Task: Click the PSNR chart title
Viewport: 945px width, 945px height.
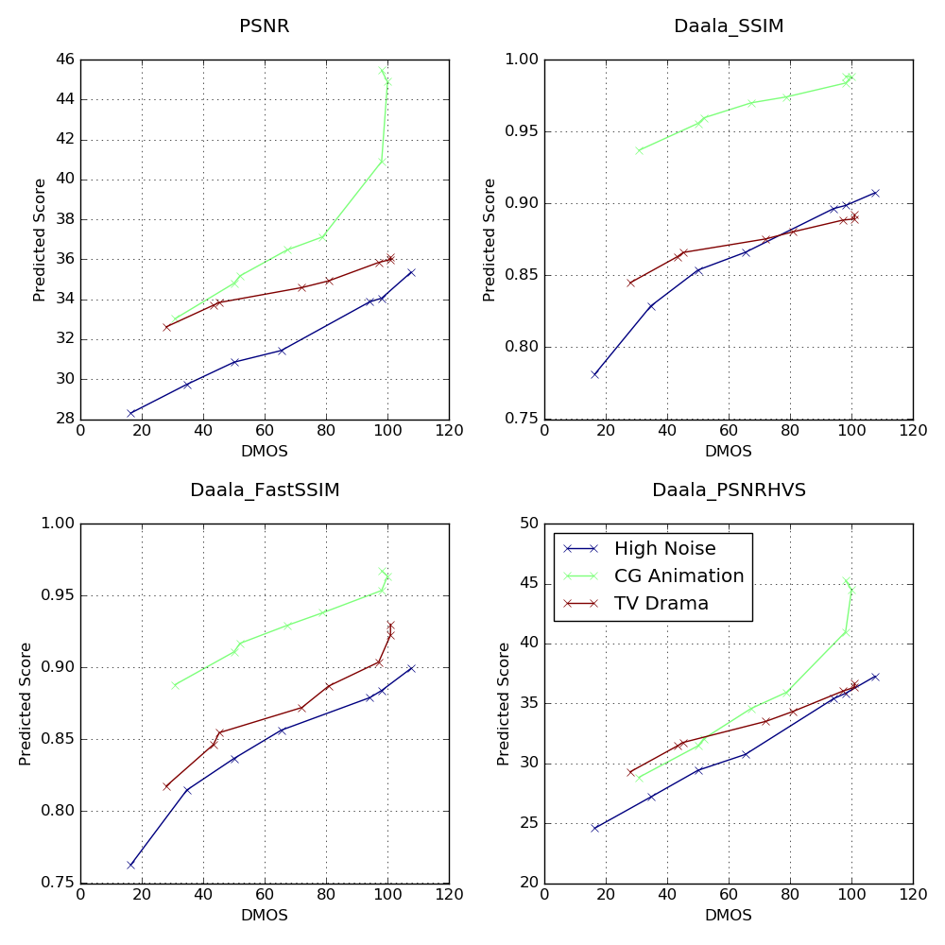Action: click(265, 26)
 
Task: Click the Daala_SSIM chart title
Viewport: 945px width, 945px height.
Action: click(729, 26)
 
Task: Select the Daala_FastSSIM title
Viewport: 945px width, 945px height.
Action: click(265, 490)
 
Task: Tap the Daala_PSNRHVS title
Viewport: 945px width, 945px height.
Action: click(729, 490)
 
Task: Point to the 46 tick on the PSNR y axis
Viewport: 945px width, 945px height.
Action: click(64, 60)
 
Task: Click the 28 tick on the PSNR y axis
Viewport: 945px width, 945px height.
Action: click(64, 420)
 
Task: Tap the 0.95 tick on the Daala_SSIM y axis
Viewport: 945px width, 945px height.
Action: click(519, 131)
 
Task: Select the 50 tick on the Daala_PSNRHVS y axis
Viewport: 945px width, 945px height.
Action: click(527, 524)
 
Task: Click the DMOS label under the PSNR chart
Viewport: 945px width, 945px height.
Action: click(265, 452)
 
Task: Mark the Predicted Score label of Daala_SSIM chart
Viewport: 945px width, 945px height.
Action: click(490, 240)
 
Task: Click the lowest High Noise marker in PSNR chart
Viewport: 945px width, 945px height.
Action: click(130, 413)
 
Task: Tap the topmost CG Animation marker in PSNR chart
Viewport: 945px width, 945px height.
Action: click(382, 71)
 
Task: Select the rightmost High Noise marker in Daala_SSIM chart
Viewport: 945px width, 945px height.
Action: click(875, 193)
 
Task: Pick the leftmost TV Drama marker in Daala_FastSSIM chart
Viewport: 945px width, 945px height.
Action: click(166, 786)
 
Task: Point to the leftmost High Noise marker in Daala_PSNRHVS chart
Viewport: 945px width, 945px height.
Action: click(594, 828)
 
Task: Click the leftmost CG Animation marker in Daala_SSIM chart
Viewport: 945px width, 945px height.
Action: click(639, 150)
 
